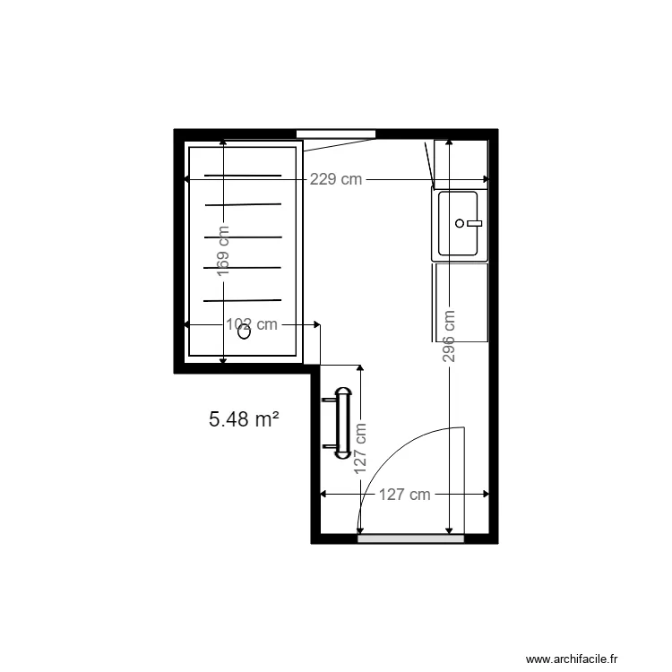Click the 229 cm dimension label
(x=336, y=179)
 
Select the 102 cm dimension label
(x=252, y=324)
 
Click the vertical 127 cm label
(x=360, y=448)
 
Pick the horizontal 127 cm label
(x=404, y=495)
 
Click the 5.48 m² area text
(x=244, y=418)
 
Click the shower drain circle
(x=244, y=332)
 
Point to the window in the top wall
(x=336, y=134)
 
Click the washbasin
(x=460, y=225)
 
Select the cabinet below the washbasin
(x=460, y=302)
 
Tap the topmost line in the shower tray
(x=243, y=175)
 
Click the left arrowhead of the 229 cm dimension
(x=186, y=179)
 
